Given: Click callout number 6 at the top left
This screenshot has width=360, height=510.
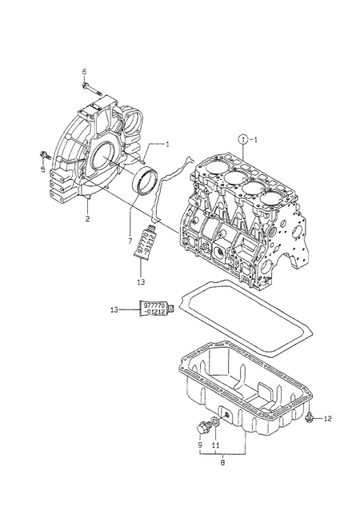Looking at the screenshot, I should (x=84, y=71).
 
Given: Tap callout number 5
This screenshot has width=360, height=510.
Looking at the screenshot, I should (x=44, y=169).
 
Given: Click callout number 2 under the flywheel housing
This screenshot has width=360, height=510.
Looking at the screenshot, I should (x=86, y=217).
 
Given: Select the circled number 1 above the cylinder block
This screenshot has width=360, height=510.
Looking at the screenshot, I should (x=242, y=138).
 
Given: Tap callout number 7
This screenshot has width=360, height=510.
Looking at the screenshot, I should (x=128, y=237).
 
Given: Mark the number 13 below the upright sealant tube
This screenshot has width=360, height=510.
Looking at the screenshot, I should (x=142, y=282).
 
